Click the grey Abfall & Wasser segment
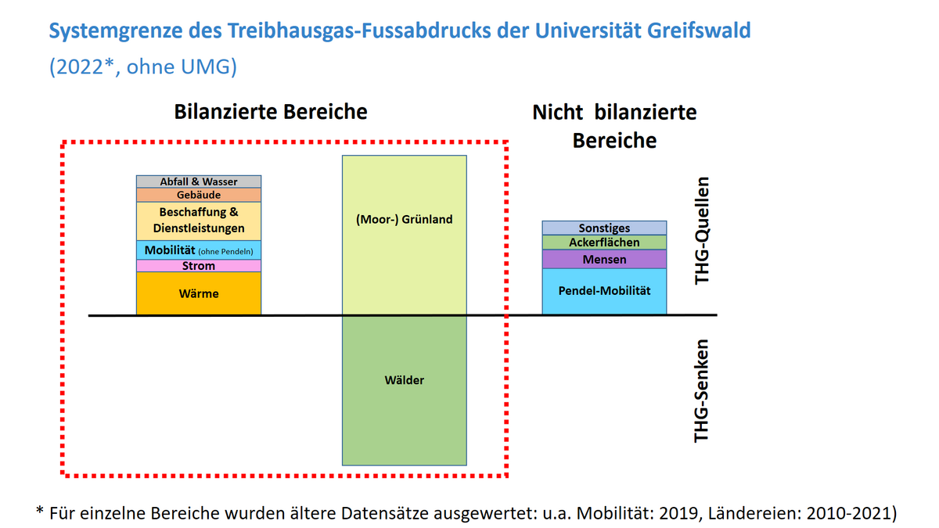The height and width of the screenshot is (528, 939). point(198,181)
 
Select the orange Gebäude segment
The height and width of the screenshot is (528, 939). point(198,195)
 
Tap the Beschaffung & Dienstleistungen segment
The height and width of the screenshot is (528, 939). point(198,221)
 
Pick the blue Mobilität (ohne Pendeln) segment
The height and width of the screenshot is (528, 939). point(198,250)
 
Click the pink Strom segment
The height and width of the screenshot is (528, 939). point(198,266)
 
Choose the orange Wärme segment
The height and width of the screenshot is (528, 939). point(198,294)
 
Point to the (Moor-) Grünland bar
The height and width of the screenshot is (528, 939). point(404,235)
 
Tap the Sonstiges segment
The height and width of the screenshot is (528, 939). point(604,228)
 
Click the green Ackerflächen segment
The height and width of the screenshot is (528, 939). point(604,242)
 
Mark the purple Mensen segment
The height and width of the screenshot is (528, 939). point(604,259)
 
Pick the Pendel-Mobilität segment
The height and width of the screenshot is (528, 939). point(604,291)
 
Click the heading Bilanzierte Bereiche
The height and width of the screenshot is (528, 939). point(270,112)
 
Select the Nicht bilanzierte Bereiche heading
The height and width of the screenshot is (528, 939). point(614,126)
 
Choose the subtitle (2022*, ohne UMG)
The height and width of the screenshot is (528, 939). point(142,67)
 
